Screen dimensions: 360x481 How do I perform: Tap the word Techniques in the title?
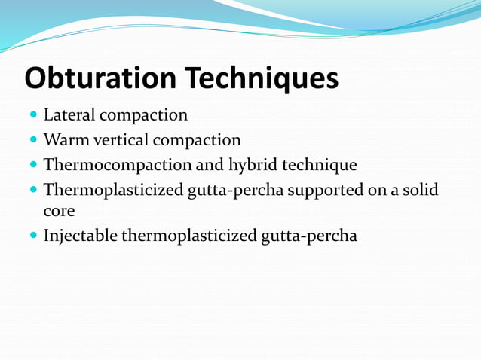point(262,78)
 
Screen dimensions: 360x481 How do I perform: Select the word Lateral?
point(69,116)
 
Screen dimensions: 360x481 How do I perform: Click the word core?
point(59,212)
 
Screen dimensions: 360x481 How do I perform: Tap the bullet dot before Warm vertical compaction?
point(32,141)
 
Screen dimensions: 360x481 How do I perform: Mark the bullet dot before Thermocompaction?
point(32,166)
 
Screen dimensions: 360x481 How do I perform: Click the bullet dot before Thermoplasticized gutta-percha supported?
point(32,190)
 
